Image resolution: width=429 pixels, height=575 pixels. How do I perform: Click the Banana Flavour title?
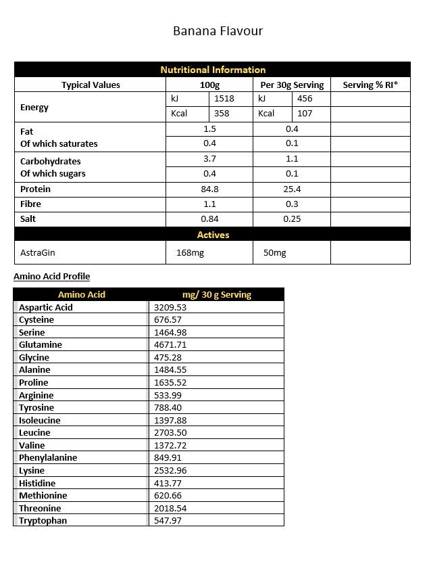click(218, 31)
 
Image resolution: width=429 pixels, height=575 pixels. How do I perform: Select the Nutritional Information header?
click(213, 70)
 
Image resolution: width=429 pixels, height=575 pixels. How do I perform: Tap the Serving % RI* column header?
click(370, 85)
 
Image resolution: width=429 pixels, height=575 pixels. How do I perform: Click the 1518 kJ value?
click(224, 99)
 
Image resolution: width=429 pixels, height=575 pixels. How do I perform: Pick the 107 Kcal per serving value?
click(305, 114)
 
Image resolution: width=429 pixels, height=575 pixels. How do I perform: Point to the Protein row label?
click(35, 189)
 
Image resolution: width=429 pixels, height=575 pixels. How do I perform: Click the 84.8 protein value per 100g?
click(209, 189)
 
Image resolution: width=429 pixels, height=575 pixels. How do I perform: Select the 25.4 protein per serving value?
click(292, 189)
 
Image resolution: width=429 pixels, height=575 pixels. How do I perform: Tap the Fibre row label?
click(30, 204)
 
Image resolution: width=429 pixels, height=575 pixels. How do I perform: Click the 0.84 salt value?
click(209, 219)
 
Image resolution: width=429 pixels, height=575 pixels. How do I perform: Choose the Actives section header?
click(213, 235)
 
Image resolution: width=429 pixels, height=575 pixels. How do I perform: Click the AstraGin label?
click(37, 252)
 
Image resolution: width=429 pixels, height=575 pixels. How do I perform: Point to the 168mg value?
click(190, 253)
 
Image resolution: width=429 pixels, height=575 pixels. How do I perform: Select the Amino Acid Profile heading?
click(51, 276)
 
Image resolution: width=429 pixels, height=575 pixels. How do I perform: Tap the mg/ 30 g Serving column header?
click(217, 294)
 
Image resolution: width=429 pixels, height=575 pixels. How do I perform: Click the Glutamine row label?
click(41, 345)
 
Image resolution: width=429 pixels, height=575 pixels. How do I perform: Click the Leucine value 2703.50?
click(170, 433)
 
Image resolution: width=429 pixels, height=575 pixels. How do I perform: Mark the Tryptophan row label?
click(43, 521)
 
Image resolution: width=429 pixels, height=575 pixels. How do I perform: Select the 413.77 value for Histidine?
click(168, 483)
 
